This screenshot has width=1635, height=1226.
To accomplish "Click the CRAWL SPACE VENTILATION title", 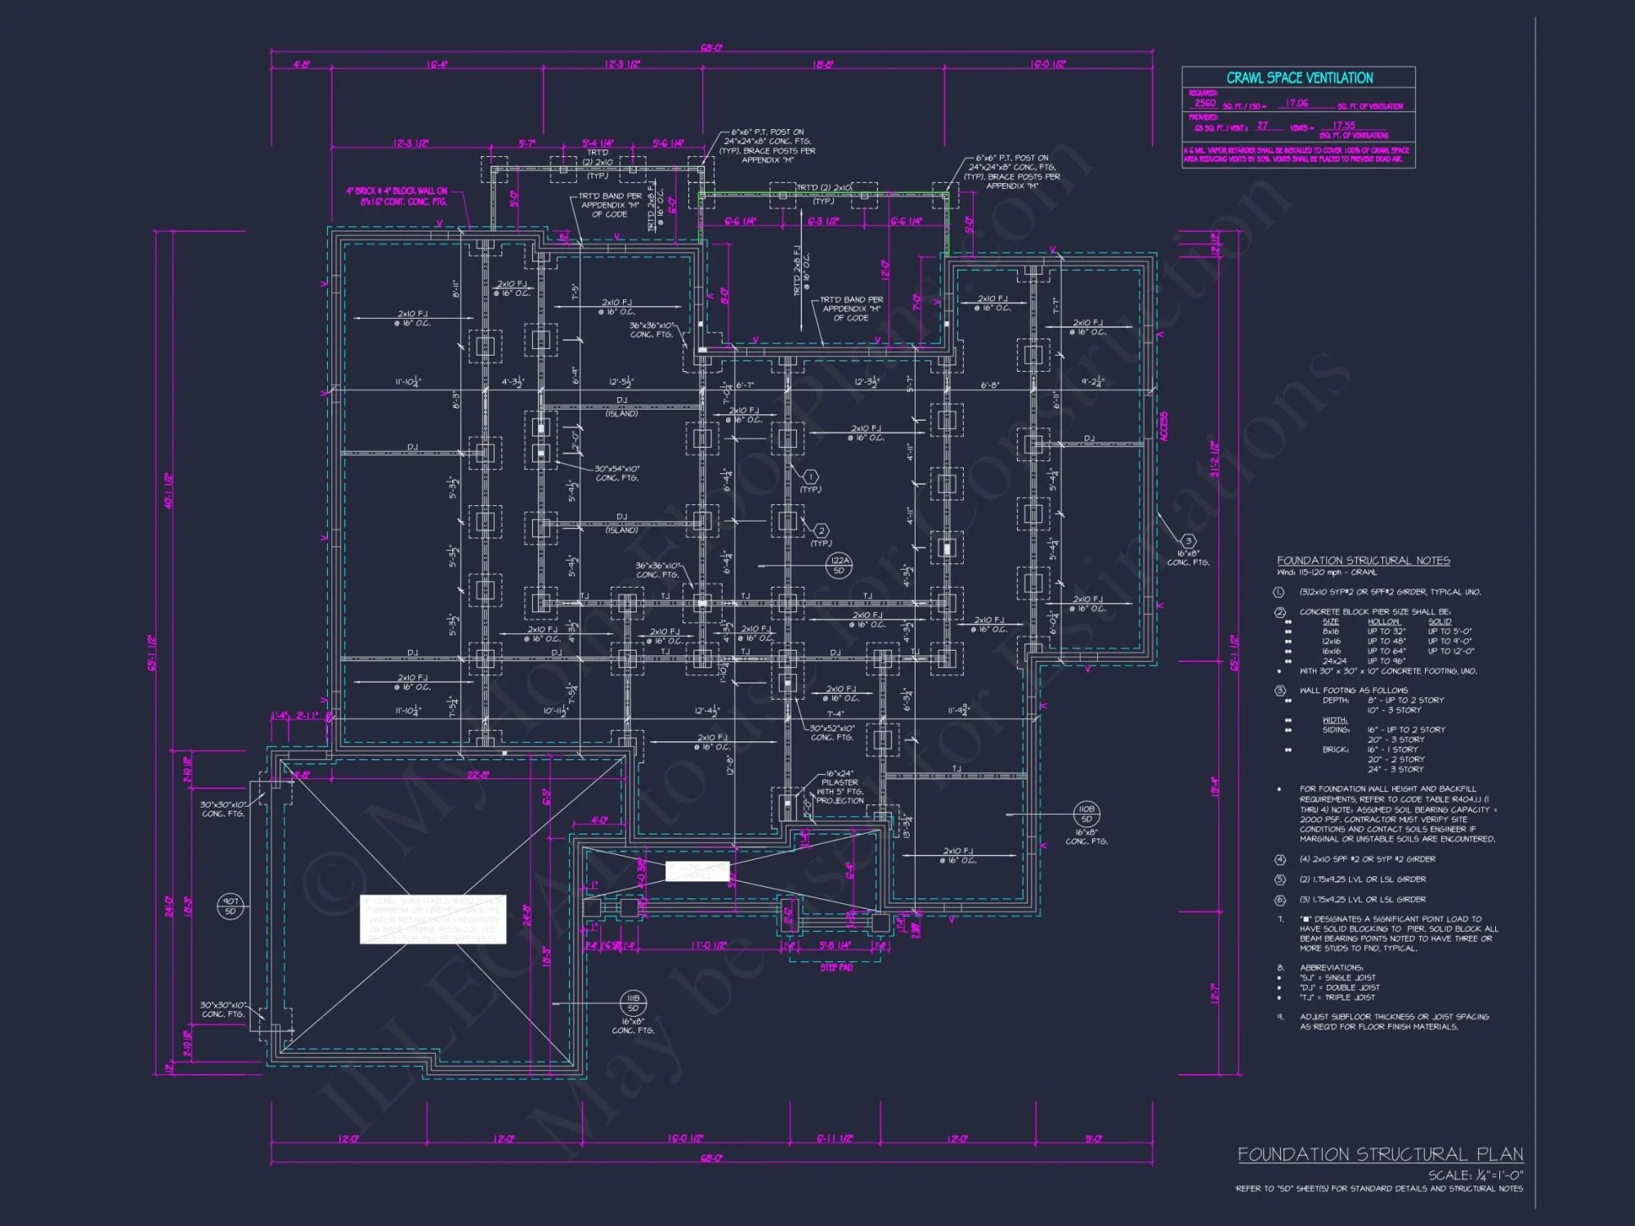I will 1299,78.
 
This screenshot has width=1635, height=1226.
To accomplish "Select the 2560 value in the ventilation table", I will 1205,104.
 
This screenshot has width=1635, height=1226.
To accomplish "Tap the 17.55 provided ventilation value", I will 1344,126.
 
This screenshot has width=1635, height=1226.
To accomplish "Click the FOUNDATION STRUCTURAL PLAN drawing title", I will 1380,1154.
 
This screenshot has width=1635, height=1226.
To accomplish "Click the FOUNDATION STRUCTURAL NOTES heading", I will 1363,561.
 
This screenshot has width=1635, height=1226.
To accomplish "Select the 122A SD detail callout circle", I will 840,565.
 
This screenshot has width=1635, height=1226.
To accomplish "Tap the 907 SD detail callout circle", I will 231,906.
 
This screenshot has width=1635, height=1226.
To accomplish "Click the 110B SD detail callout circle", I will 1086,813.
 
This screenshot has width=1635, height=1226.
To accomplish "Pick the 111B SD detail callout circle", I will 633,1003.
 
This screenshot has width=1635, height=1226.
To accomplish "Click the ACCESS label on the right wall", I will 1164,427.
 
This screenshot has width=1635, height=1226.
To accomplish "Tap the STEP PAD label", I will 836,968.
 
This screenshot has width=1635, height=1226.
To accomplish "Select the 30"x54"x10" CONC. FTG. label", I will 617,473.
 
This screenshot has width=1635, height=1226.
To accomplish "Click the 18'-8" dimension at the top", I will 823,65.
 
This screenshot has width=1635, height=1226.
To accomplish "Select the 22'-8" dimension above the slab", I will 478,775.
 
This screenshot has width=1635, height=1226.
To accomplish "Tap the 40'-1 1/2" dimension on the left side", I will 168,490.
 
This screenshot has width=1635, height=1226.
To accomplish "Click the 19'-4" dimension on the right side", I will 1214,786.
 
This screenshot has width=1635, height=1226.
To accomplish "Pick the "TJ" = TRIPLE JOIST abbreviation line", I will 1337,997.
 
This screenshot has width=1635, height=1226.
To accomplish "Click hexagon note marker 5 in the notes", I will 1280,879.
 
